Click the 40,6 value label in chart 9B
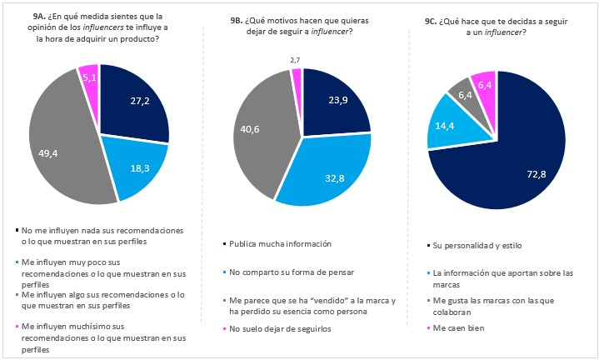251,129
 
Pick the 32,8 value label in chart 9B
332,177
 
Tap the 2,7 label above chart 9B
295,60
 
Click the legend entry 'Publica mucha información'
280,243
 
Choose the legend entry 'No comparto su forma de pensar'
292,272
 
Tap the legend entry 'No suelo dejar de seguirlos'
283,329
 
